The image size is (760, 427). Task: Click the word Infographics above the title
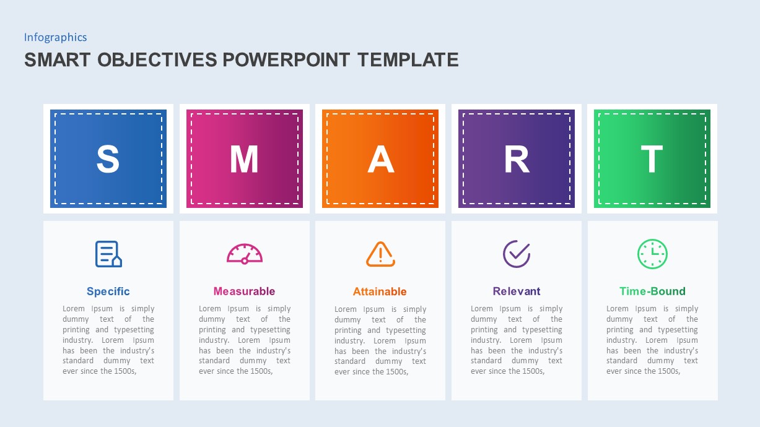(x=55, y=37)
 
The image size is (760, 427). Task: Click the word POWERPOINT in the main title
(x=286, y=59)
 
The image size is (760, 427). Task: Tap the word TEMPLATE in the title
(x=408, y=59)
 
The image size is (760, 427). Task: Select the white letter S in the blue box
(x=108, y=158)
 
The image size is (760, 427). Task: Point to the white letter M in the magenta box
(x=244, y=158)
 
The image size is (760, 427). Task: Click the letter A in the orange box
(x=381, y=158)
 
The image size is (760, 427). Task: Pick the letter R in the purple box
(x=517, y=158)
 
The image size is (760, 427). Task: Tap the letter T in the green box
(x=652, y=158)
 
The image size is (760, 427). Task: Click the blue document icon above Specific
(x=108, y=254)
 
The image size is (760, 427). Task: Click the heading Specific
(x=108, y=291)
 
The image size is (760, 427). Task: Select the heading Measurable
(x=244, y=291)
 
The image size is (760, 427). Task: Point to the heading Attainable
(x=380, y=291)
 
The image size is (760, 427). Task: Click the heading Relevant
(x=517, y=291)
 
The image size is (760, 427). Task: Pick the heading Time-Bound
(x=652, y=291)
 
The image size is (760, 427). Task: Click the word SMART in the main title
(x=58, y=59)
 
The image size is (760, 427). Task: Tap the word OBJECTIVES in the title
(x=157, y=59)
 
